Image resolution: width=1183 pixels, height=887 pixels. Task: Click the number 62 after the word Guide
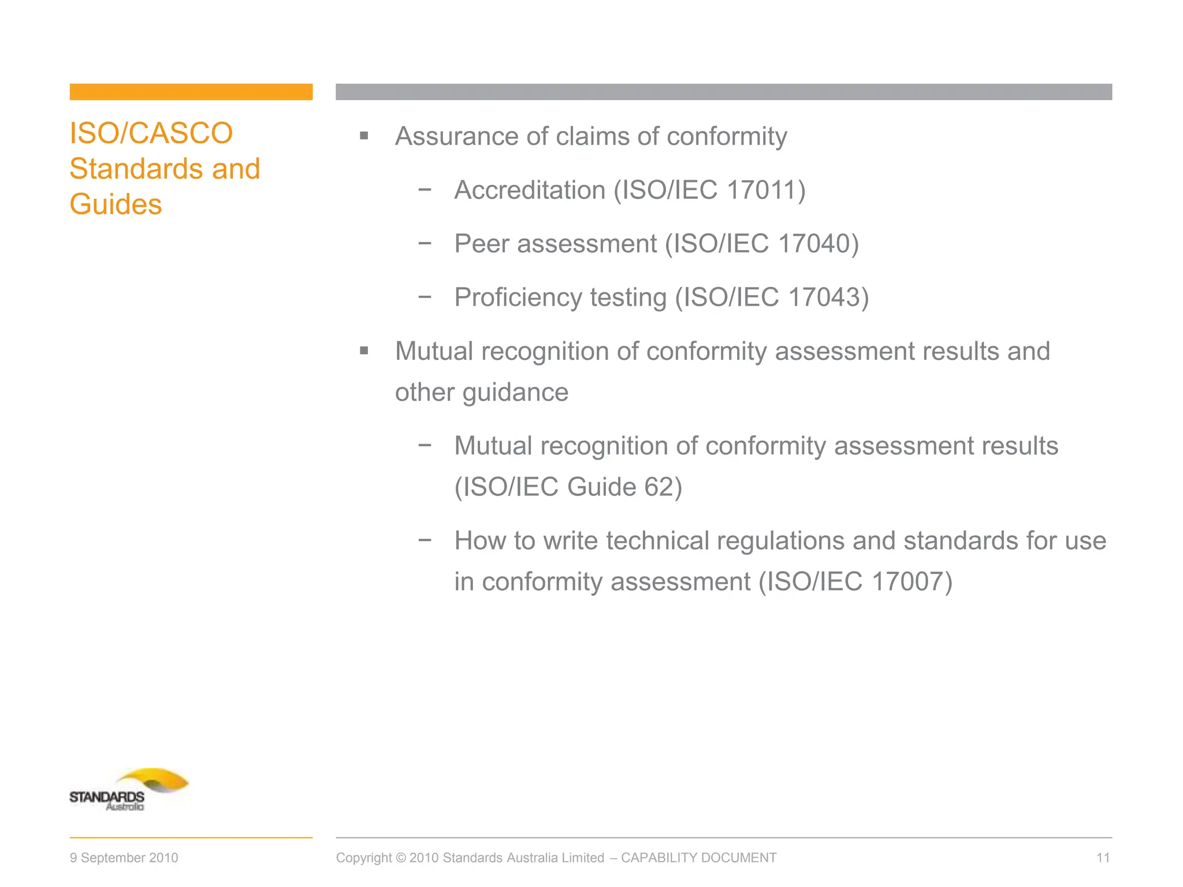click(x=659, y=487)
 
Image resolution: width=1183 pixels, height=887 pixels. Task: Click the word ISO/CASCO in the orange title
click(x=151, y=133)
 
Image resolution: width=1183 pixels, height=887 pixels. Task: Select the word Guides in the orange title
click(x=116, y=204)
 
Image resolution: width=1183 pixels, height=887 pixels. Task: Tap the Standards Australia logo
click(x=129, y=789)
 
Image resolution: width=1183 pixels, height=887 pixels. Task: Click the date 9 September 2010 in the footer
click(x=124, y=858)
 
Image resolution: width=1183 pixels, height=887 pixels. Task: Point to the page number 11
click(x=1103, y=858)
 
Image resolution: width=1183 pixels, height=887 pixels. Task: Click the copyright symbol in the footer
click(x=400, y=858)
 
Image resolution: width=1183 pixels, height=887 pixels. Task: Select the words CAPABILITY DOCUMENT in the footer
click(x=698, y=858)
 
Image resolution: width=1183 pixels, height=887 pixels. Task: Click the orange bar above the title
click(x=191, y=92)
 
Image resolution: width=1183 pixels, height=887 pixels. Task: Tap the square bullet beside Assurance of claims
click(x=364, y=136)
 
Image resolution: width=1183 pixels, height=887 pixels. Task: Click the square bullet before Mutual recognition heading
click(x=364, y=351)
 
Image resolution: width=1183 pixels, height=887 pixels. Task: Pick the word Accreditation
click(x=530, y=190)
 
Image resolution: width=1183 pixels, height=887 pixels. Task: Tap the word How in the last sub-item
click(x=480, y=541)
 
